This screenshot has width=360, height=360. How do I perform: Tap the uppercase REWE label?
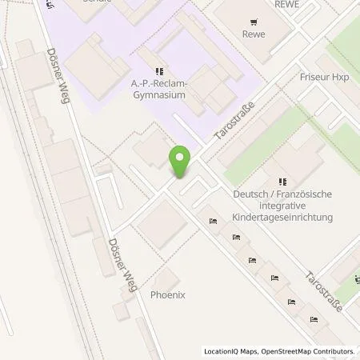coord(286,4)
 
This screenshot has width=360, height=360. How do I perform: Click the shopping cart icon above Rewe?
coord(254,22)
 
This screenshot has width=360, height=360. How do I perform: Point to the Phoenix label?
coord(168,294)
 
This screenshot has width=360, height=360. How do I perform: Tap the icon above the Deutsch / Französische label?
coord(280,182)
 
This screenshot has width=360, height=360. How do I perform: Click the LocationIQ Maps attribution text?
coord(232,351)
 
